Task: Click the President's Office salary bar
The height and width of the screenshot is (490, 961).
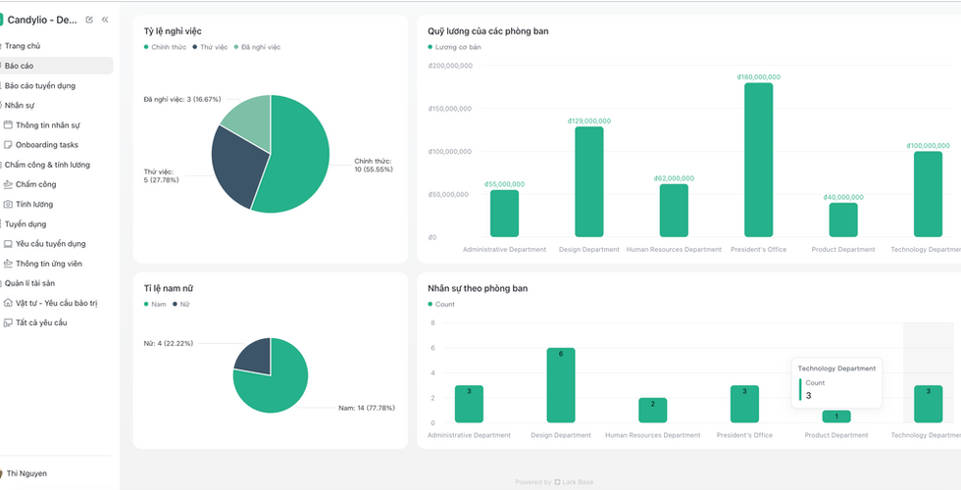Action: point(758,160)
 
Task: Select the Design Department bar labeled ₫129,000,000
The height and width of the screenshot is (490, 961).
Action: point(589,182)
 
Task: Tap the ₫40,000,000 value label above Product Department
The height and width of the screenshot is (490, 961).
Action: point(843,197)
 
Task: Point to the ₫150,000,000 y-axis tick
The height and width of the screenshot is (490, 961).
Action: point(450,109)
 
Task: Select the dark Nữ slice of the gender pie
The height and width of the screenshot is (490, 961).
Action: point(254,356)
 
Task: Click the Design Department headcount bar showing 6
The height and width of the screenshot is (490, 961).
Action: point(561,385)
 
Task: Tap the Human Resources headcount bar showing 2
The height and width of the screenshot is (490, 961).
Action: point(653,411)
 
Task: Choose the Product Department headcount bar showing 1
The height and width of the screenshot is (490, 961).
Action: point(836,416)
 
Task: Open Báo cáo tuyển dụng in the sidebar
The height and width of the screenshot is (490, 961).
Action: point(40,86)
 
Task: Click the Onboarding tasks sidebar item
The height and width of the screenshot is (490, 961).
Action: point(47,145)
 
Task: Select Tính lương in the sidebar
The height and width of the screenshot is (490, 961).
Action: point(34,204)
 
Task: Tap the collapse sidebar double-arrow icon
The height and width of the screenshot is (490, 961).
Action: point(105,20)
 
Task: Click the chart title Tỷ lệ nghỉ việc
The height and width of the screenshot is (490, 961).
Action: point(173,31)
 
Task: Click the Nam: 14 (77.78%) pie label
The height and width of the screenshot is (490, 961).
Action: point(367,408)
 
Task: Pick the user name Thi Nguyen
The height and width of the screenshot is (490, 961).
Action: point(26,473)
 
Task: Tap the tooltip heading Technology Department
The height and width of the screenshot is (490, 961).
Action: point(836,368)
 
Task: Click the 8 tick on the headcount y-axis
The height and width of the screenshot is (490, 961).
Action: point(432,322)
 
